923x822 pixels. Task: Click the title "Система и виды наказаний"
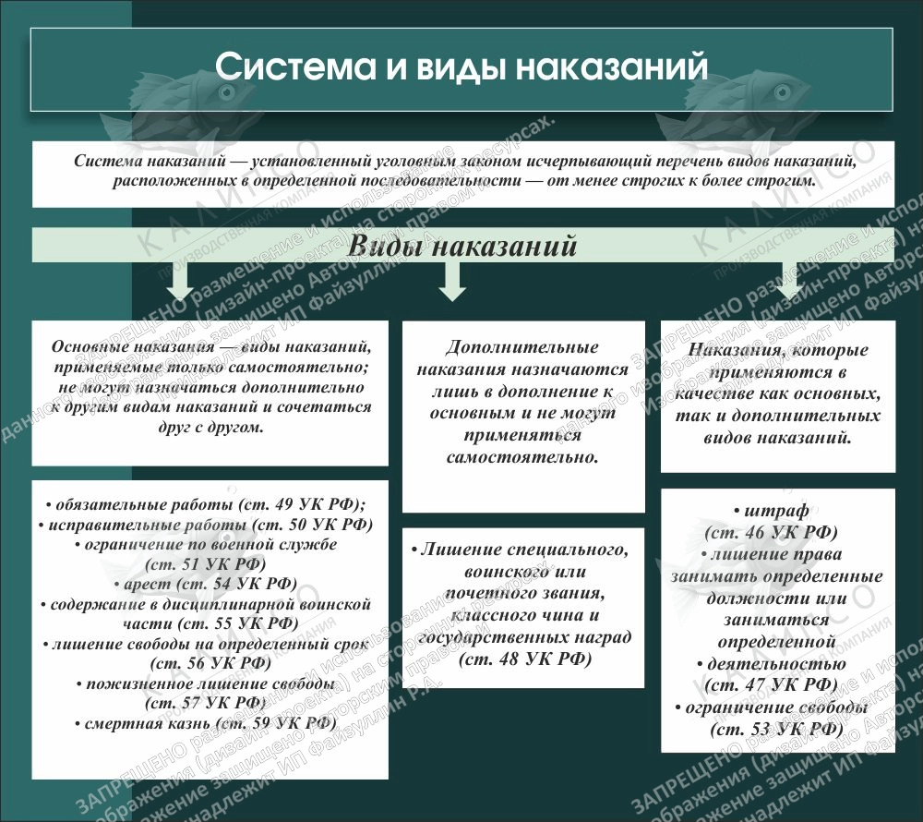(461, 68)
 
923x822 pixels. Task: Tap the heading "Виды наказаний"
(461, 248)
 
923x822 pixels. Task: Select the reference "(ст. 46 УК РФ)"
(771, 532)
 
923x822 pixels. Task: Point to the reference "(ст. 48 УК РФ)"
(523, 658)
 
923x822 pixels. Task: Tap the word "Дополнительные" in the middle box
(522, 348)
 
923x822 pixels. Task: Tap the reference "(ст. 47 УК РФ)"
(771, 684)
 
